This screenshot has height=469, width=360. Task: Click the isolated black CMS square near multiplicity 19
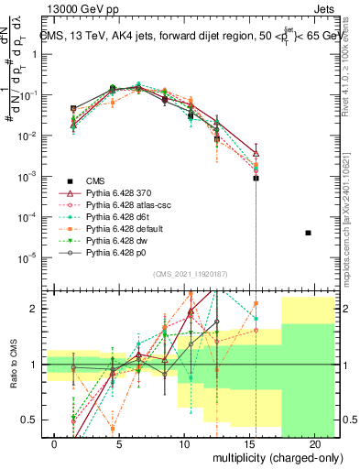[308, 233]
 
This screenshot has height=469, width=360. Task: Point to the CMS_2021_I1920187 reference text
[191, 276]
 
